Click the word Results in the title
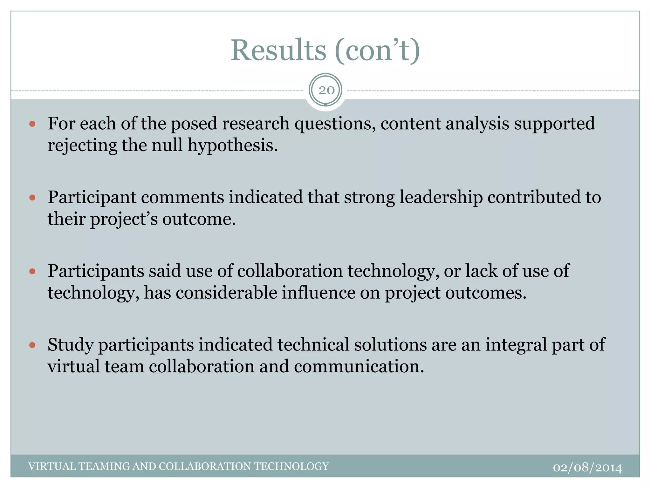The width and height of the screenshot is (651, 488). tap(278, 51)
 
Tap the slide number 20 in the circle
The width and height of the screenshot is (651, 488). tap(326, 91)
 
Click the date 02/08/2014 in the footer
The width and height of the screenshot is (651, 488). tap(587, 468)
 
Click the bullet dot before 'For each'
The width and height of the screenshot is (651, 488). tap(32, 124)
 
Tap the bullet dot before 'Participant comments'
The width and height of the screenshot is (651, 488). tap(32, 198)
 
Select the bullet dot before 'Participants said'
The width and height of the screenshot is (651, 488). tap(32, 271)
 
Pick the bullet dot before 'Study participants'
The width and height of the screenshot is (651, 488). tap(32, 345)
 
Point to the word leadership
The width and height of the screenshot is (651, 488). tap(441, 197)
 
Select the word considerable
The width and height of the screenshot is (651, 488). tap(226, 293)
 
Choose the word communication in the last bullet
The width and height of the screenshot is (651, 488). tap(359, 367)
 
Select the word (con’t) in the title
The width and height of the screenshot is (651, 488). tap(378, 51)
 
